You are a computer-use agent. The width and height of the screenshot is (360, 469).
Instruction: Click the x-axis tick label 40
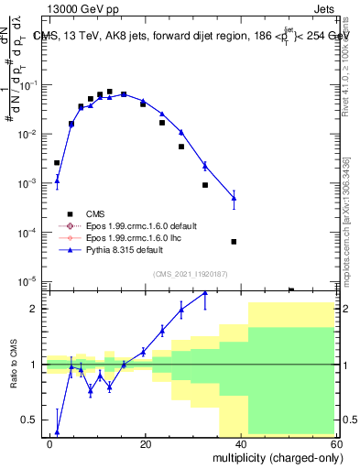pyautogui.click(x=241, y=442)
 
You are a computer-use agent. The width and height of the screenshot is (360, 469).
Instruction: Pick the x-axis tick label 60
pyautogui.click(x=334, y=442)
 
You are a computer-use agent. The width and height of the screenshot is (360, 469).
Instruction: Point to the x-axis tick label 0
pyautogui.click(x=50, y=442)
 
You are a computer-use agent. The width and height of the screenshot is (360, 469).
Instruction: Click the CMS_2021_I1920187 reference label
pyautogui.click(x=190, y=274)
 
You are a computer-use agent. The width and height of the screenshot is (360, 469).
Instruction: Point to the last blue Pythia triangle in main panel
pyautogui.click(x=234, y=198)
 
